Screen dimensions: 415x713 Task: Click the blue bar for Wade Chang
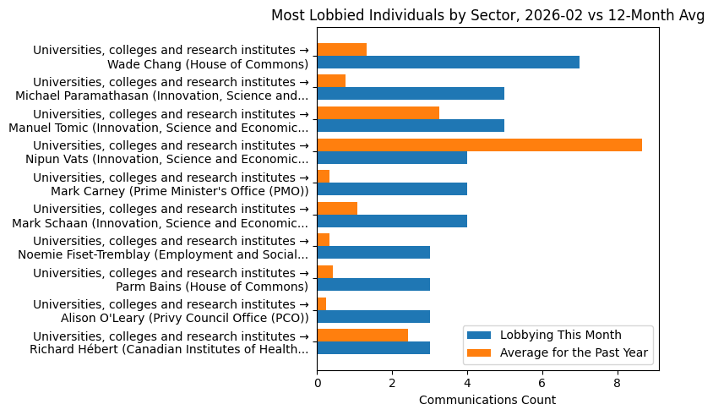(x=448, y=62)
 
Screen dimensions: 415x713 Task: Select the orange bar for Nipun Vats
(x=479, y=145)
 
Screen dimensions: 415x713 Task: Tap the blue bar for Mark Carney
(x=392, y=188)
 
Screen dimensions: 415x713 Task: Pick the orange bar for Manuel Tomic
(x=378, y=112)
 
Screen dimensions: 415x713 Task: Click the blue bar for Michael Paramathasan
(x=411, y=94)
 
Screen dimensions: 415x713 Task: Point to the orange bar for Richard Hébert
(x=362, y=335)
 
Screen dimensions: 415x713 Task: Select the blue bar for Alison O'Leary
(x=373, y=316)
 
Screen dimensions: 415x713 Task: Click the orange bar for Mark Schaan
(x=337, y=208)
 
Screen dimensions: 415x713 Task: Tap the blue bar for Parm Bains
(x=373, y=284)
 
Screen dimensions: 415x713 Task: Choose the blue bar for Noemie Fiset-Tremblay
(x=373, y=252)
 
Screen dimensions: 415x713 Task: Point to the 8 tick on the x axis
(x=618, y=381)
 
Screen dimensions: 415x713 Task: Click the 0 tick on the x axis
(x=317, y=381)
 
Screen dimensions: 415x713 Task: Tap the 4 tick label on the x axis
(x=467, y=381)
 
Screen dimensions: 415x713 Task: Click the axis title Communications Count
(x=487, y=400)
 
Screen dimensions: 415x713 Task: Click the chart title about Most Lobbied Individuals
(x=487, y=15)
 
